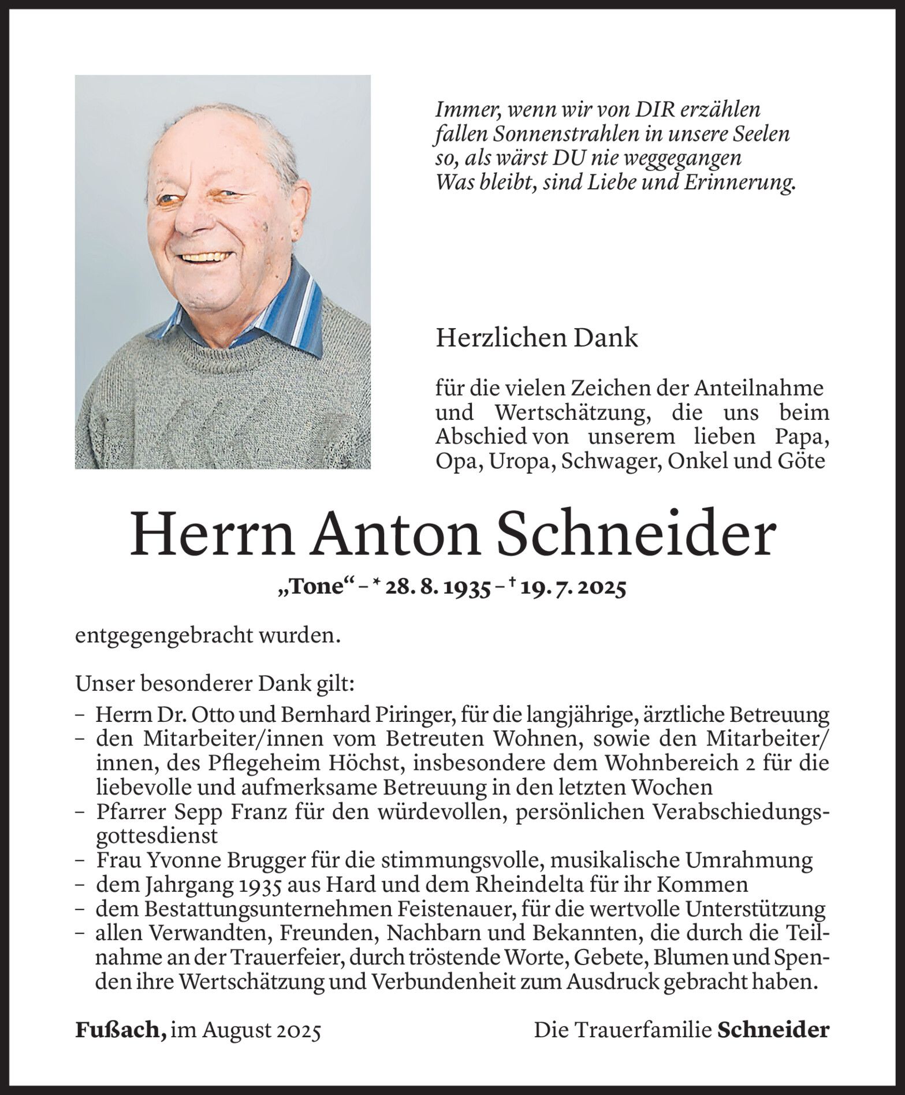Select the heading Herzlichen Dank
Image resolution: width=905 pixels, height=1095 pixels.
537,338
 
